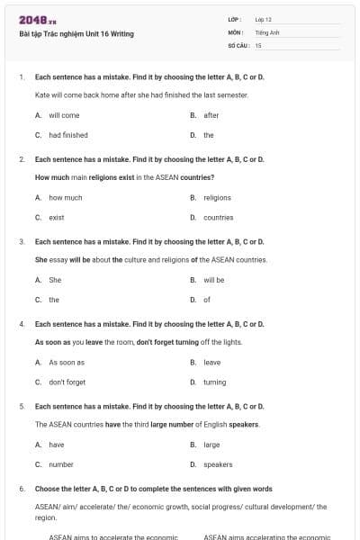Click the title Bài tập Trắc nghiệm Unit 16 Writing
coord(76,34)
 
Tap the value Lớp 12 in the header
coord(263,19)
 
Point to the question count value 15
coord(258,44)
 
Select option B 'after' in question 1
coord(211,115)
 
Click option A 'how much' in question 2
coord(66,197)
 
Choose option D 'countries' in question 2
coord(218,217)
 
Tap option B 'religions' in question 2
coord(217,197)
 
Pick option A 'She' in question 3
coord(55,280)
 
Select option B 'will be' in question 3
coord(213,280)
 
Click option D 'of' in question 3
coord(207,300)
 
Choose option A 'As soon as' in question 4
coord(67,362)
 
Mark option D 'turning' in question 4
coord(215,382)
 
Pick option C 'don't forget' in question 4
coord(67,382)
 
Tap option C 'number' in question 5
coord(61,464)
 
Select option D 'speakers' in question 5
coord(218,464)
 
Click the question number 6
coord(22,489)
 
